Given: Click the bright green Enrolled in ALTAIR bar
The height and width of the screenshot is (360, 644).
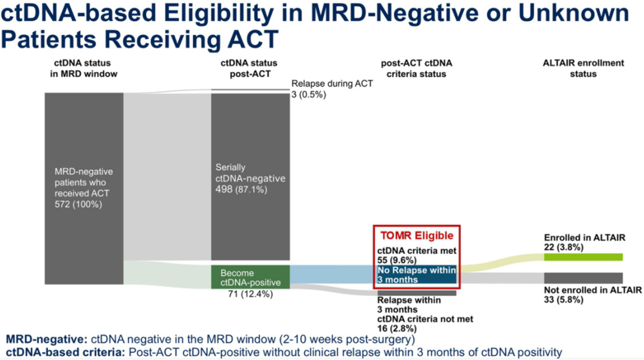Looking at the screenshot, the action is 583,257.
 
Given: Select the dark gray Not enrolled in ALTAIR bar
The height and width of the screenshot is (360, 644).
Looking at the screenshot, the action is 583,278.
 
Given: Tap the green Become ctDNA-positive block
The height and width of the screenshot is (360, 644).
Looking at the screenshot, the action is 251,277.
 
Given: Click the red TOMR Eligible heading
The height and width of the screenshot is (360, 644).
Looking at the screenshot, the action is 417,235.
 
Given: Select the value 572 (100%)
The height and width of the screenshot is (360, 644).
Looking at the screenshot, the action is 78,204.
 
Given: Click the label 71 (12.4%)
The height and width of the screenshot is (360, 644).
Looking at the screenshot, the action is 251,294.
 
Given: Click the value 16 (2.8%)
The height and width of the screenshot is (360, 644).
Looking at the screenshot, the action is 397,329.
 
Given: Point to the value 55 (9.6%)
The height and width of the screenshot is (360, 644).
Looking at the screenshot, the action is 397,260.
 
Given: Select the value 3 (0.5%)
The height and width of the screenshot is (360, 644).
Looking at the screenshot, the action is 308,95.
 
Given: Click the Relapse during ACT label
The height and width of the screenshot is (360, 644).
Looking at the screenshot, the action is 332,83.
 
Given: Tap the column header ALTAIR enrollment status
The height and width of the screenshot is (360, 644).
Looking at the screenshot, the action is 583,68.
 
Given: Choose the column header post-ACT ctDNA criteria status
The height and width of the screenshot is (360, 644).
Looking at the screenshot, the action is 417,68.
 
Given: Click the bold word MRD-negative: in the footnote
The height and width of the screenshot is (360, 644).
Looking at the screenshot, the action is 46,340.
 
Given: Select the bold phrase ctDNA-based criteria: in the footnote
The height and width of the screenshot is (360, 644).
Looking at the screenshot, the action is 65,352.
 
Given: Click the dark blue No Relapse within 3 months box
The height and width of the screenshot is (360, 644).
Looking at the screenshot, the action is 417,275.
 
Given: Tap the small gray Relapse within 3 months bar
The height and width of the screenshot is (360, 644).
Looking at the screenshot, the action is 417,293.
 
